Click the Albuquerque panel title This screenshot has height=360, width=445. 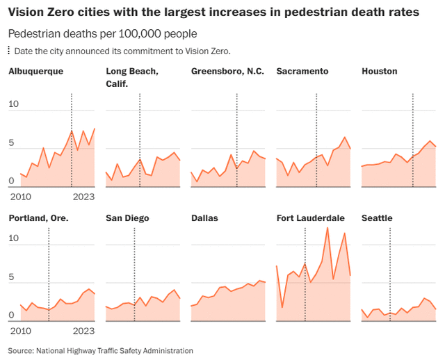36,71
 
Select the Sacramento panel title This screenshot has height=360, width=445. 302,71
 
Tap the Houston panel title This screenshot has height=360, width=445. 380,71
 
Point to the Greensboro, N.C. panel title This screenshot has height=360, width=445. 228,71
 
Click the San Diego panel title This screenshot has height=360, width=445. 127,218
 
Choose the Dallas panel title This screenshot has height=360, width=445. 205,218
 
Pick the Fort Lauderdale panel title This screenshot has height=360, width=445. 310,218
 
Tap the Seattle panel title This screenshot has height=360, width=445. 378,218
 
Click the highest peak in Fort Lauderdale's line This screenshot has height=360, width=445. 327,228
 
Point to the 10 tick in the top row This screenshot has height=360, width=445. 15,104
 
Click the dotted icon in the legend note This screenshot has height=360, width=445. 9,51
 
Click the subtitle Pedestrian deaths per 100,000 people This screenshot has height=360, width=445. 102,33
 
